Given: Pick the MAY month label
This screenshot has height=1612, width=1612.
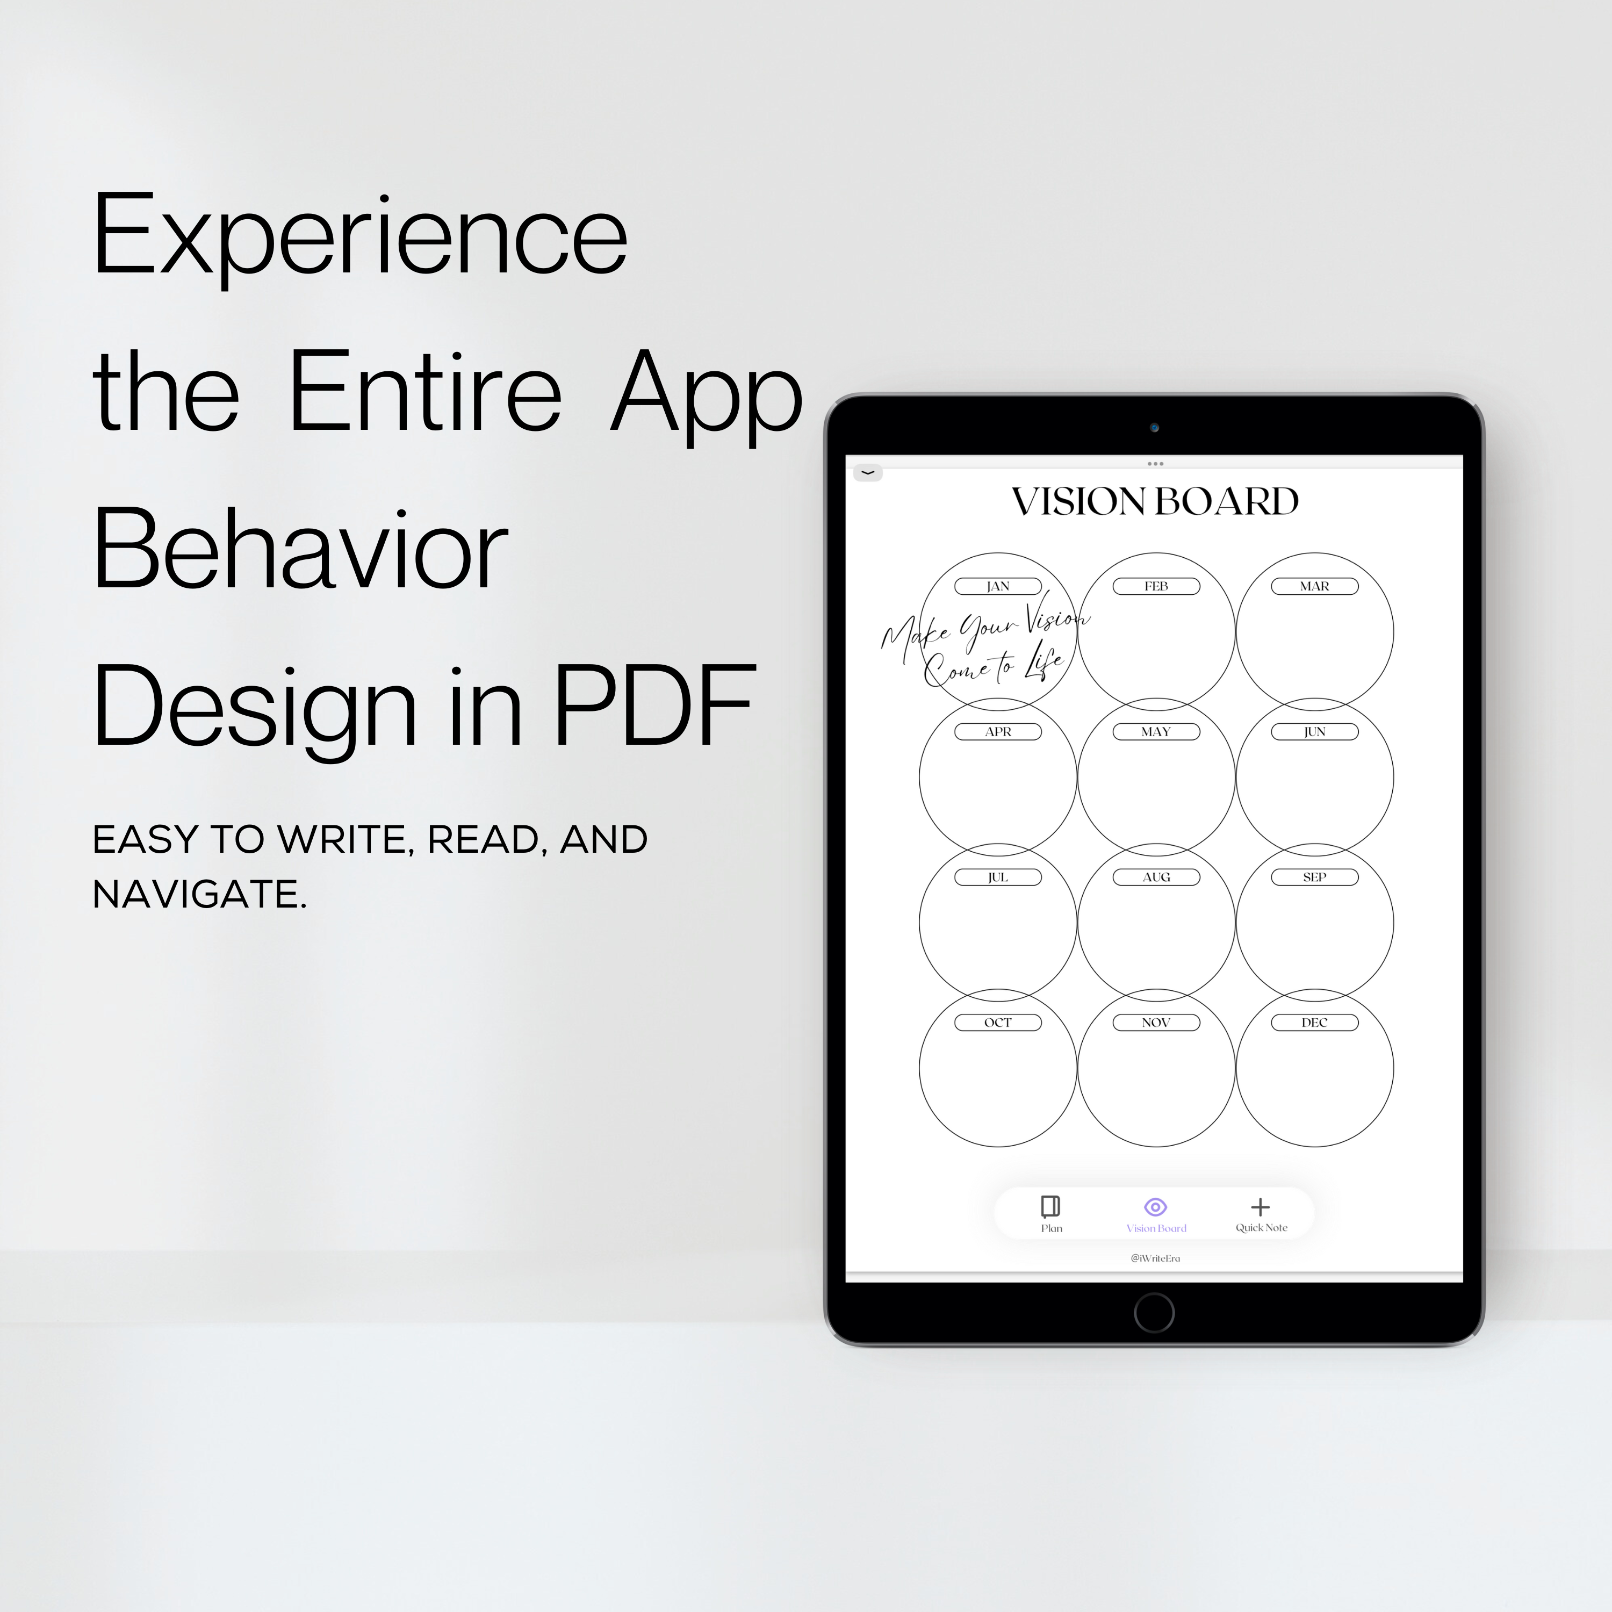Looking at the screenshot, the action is point(1156,732).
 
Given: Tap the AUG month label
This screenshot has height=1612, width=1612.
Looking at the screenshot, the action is point(1156,877).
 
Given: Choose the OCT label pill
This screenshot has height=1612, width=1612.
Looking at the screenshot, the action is point(998,1022).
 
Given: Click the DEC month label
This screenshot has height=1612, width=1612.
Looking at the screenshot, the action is point(1315,1022).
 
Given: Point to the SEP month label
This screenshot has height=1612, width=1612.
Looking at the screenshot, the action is point(1315,877).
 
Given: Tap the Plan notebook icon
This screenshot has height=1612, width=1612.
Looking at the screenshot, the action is point(1050,1206).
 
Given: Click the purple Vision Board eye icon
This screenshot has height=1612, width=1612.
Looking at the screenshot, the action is point(1156,1206).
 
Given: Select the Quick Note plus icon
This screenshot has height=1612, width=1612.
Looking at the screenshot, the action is point(1261,1206).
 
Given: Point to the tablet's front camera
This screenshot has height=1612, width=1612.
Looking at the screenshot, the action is point(1155,427).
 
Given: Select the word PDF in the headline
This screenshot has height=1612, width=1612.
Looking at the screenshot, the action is point(656,706).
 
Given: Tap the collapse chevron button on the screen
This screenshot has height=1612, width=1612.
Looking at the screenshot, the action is point(868,473).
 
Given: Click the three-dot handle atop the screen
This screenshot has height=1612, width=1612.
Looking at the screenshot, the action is point(1156,463).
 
